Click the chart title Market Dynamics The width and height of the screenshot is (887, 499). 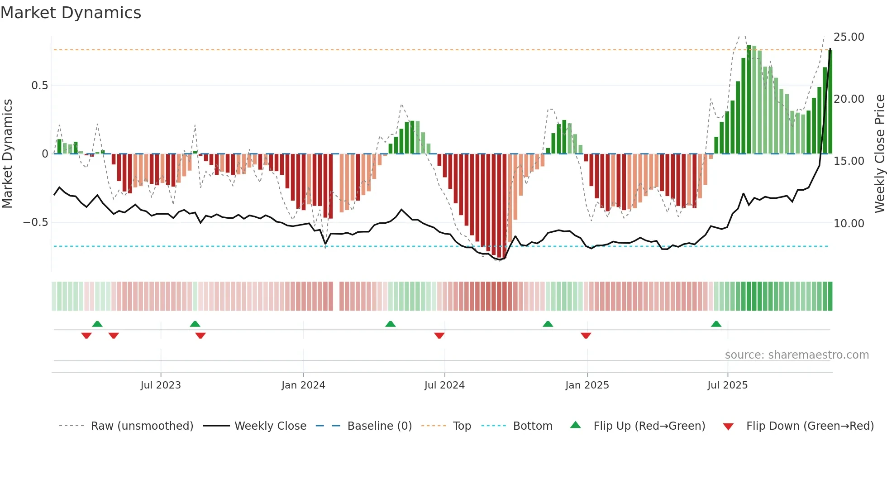(x=71, y=13)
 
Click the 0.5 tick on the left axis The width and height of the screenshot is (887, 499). (x=39, y=86)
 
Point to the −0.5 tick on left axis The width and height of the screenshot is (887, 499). (x=36, y=222)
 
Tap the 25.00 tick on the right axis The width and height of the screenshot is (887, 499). (x=849, y=37)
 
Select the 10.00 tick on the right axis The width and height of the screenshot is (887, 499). (x=849, y=223)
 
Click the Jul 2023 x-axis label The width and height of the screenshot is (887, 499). (x=160, y=385)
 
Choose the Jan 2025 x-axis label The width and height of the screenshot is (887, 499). (x=587, y=385)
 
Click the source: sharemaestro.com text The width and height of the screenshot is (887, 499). (x=796, y=355)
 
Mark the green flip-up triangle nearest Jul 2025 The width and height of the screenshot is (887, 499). (x=716, y=324)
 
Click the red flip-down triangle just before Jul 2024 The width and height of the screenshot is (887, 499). (x=439, y=336)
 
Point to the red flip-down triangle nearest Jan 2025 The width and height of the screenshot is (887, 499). (x=586, y=336)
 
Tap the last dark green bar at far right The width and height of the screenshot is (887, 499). (x=830, y=102)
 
